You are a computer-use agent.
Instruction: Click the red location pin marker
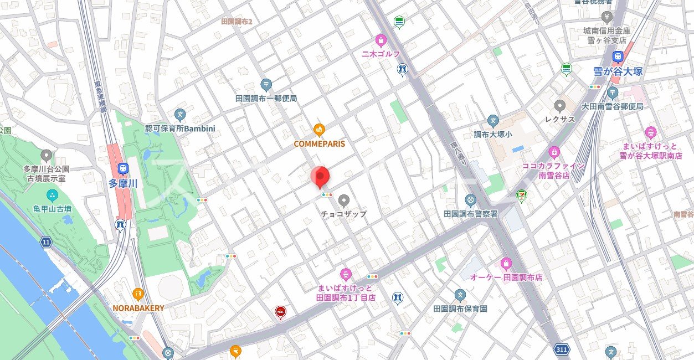320,177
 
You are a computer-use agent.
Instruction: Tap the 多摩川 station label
123,184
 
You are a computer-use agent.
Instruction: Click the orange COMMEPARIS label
319,144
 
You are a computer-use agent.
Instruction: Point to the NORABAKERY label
138,308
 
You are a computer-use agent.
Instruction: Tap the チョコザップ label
344,214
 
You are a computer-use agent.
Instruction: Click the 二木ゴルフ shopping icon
381,40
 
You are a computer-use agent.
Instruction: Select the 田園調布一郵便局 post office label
266,98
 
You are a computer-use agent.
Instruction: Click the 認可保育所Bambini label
180,128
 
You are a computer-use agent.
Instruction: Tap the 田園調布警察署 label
470,213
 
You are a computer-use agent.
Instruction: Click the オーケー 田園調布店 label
506,277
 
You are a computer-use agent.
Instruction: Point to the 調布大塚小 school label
493,135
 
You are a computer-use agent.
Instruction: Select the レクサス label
559,119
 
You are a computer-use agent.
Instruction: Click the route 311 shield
561,349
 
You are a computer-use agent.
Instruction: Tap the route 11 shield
45,241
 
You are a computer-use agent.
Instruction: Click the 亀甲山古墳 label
52,209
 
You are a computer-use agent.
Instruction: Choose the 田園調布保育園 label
460,308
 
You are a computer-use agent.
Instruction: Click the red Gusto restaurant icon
280,313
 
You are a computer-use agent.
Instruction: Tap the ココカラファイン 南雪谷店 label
554,170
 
